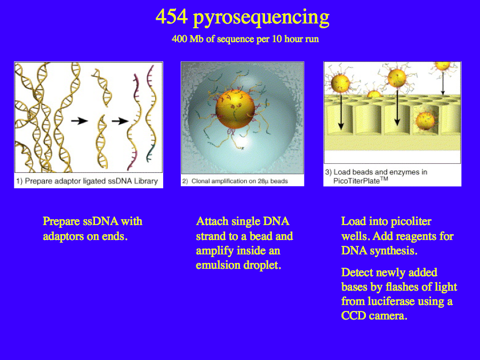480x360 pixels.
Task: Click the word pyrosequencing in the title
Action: [x=261, y=18]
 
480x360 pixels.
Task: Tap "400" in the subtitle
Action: [x=179, y=39]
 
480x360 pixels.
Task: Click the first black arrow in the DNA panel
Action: [x=79, y=121]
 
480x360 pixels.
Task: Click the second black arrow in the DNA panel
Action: [x=121, y=121]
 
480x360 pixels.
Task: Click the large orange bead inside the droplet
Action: [x=235, y=109]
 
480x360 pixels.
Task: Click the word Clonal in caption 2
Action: [x=201, y=181]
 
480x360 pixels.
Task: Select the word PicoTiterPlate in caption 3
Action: [x=356, y=181]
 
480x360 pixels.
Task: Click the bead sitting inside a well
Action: [x=425, y=121]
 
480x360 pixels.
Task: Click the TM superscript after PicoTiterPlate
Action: [x=384, y=179]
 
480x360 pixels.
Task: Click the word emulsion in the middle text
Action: [x=218, y=265]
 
